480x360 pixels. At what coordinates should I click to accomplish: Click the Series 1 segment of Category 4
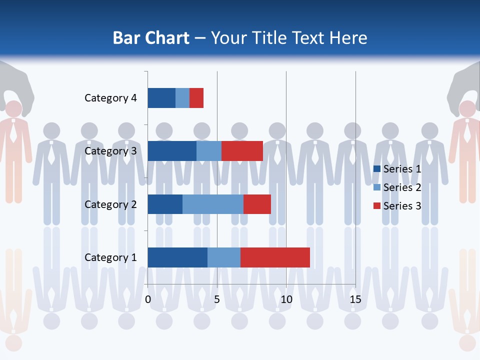[161, 98]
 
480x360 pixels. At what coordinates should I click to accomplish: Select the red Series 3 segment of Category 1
[275, 257]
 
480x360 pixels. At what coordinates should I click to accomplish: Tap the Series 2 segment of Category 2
[213, 204]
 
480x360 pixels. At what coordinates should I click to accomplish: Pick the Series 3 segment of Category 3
[242, 151]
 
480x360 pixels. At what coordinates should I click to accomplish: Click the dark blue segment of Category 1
[177, 257]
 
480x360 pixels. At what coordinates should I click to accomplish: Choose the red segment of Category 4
[196, 98]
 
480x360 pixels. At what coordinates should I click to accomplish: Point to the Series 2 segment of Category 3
[209, 151]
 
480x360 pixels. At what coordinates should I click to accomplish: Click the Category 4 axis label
[110, 98]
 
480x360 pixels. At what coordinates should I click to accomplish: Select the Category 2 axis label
[110, 204]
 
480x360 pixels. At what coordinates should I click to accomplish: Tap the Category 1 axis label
[110, 257]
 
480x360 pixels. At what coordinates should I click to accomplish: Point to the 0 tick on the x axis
[148, 299]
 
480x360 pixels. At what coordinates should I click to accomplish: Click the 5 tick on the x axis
[217, 299]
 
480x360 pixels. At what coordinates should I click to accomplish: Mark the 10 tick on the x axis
[286, 299]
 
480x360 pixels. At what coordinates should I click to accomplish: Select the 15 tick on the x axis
[355, 299]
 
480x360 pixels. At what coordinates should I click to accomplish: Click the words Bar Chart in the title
[151, 38]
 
